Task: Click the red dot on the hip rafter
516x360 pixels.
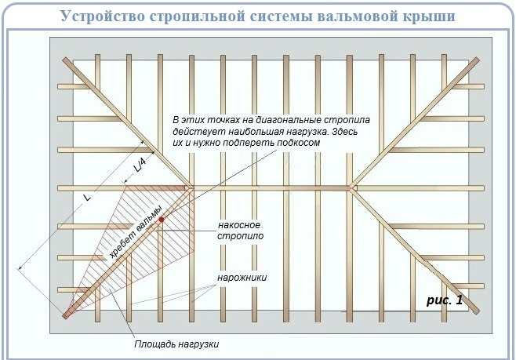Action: tap(162, 219)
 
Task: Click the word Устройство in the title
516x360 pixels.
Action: tap(103, 16)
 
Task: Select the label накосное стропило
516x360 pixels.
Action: tap(240, 231)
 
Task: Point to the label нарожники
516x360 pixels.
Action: tap(242, 278)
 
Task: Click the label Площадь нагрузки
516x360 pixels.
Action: tap(176, 344)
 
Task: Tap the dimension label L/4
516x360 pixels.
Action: tap(140, 165)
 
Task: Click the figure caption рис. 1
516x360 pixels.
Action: tap(445, 300)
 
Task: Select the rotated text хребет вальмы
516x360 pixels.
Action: tap(136, 231)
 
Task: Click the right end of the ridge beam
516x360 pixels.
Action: tap(353, 188)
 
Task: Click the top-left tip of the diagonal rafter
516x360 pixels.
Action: tap(65, 60)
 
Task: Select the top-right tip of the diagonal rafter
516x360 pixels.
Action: tap(477, 60)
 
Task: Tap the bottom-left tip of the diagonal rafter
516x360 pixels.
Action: tap(65, 316)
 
